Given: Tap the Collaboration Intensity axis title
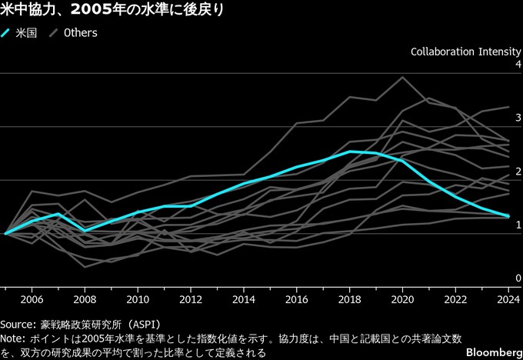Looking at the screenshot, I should pos(466,52).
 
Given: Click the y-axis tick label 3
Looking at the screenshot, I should pos(518,118).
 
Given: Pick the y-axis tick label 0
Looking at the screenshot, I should pos(518,278).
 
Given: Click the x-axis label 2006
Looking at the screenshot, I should pos(32,299).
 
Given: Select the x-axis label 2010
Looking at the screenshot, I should pos(137,299).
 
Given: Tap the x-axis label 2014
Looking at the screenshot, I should pos(243,299).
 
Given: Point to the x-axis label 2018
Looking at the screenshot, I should pos(349,299).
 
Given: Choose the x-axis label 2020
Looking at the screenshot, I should pos(402,299).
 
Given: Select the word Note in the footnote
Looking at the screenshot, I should pos(13,338).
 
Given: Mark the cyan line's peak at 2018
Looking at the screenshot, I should pos(350,152).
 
